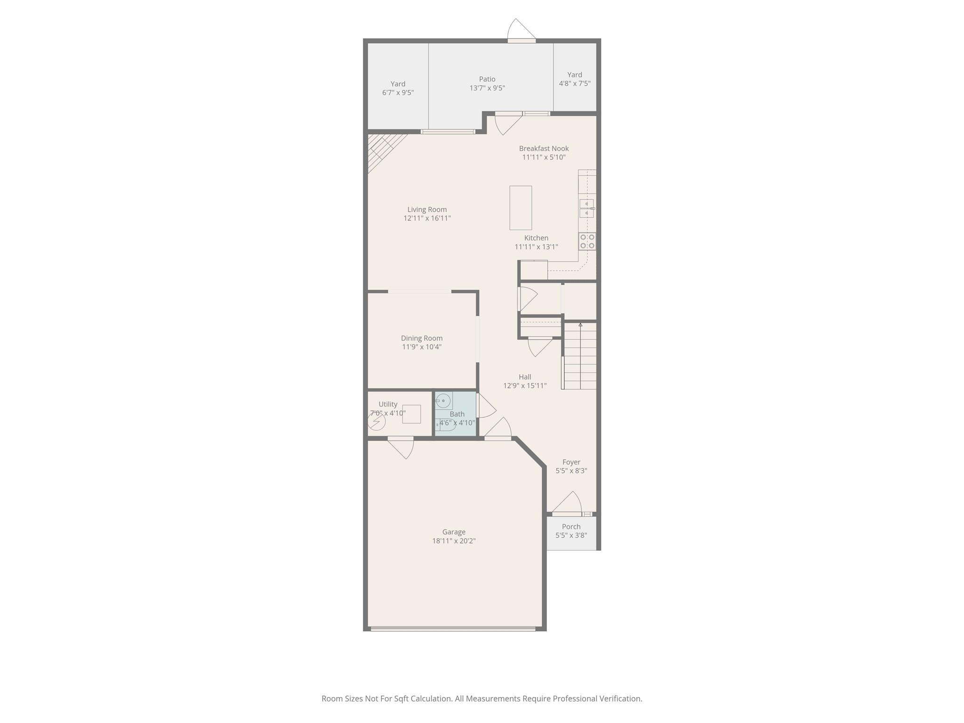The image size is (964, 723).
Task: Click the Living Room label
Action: [427, 209]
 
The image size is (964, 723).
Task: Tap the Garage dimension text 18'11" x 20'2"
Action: [454, 541]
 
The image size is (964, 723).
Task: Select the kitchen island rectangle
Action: [521, 208]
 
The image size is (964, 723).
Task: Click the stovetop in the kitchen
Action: [587, 241]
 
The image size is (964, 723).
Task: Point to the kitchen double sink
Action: [586, 209]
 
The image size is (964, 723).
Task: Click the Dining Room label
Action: [422, 338]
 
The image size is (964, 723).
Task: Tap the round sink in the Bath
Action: [443, 401]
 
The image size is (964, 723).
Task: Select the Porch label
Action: [571, 527]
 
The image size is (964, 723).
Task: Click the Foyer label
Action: [571, 462]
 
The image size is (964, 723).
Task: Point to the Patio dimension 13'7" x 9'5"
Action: [487, 88]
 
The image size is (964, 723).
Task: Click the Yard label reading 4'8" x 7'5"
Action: [575, 79]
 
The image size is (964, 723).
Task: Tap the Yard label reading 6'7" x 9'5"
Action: [398, 88]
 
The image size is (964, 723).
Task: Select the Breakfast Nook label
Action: [544, 149]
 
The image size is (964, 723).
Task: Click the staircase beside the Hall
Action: [580, 356]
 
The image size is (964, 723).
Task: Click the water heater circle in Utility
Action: [377, 422]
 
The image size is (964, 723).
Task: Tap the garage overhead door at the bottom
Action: [453, 628]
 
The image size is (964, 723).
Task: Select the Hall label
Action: [525, 377]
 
